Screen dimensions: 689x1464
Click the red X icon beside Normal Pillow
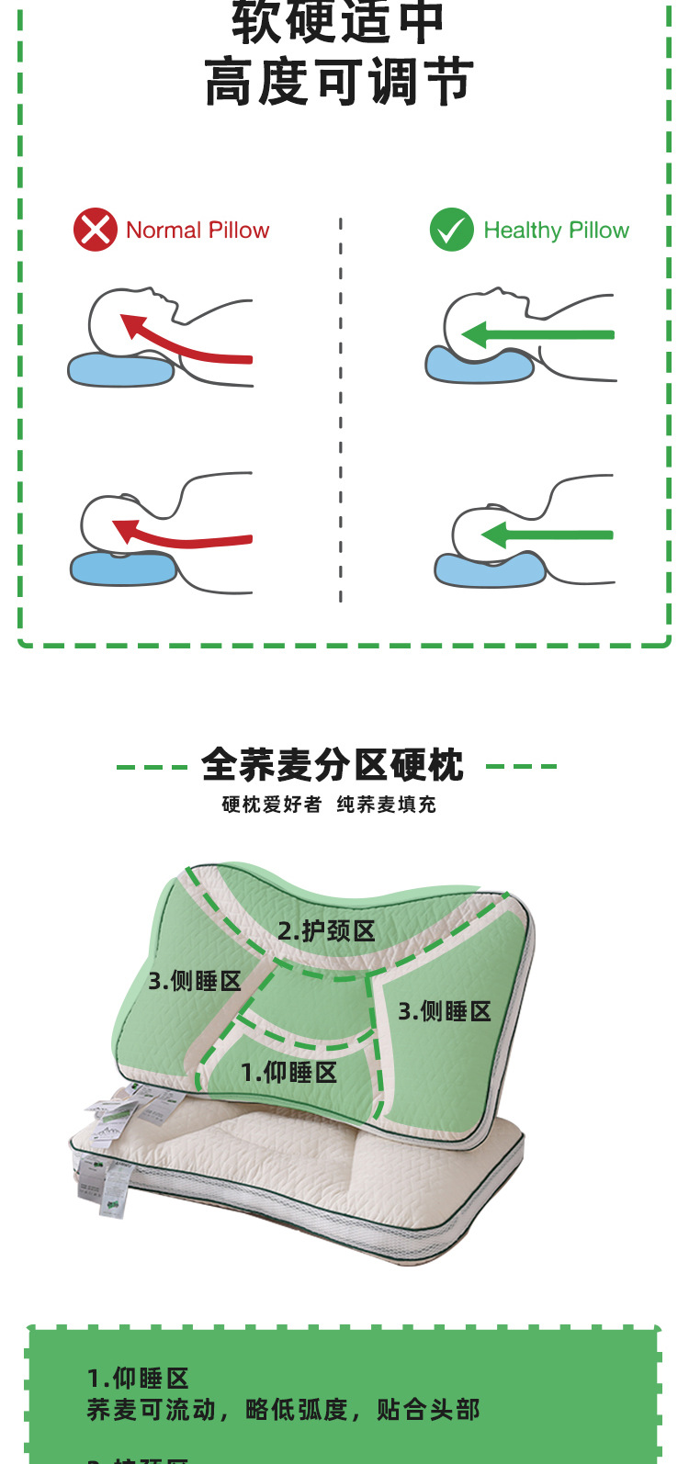96,230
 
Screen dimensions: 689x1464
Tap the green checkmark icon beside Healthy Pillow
451,230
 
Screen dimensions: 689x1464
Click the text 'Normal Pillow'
198,231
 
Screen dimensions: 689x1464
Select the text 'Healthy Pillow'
556,231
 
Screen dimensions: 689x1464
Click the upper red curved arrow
184,341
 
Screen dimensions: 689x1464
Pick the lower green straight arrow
547,535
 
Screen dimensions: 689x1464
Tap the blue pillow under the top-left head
120,370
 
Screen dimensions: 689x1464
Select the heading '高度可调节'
339,82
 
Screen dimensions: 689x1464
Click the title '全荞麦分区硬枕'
333,765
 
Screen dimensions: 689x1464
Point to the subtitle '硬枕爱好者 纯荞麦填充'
329,805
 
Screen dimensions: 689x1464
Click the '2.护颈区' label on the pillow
327,931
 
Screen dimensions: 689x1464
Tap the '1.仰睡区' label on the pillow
288,1072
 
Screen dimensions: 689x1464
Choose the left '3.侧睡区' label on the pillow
195,981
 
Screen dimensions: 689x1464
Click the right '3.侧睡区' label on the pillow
445,1011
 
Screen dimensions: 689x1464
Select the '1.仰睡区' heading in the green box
138,1378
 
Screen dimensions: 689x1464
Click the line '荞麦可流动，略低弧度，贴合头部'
283,1410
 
